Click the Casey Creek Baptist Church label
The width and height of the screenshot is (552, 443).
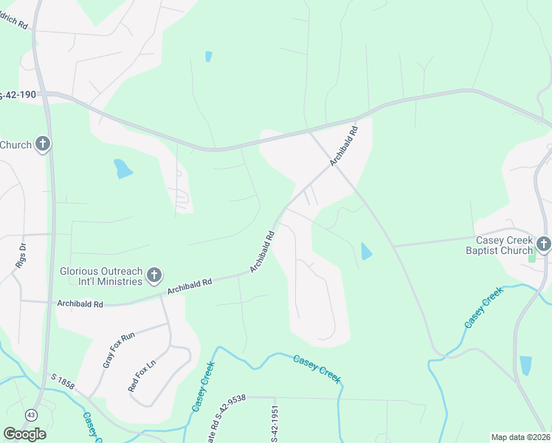pos(504,245)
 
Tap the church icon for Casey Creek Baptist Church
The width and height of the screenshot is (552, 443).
pos(544,243)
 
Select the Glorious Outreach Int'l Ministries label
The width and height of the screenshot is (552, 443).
pos(100,276)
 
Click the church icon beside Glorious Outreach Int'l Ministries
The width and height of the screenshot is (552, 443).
pos(154,276)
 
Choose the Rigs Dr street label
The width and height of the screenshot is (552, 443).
pos(21,255)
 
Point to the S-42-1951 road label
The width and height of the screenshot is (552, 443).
pos(274,425)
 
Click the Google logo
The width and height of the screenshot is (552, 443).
pos(24,433)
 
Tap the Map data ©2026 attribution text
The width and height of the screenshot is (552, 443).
pos(520,437)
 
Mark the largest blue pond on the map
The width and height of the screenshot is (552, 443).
pos(123,169)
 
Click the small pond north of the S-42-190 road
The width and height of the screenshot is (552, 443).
pos(209,56)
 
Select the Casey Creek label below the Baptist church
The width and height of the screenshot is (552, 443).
pos(483,309)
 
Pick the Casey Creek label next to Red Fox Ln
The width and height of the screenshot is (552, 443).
pos(203,386)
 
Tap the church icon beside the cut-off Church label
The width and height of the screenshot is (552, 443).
pos(43,144)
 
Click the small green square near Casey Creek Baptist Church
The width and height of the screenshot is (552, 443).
pos(532,258)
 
